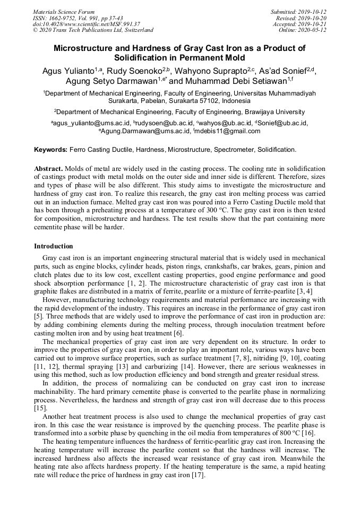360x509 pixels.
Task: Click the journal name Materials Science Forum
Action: pyautogui.click(x=64, y=11)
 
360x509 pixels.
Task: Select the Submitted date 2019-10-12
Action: pyautogui.click(x=312, y=11)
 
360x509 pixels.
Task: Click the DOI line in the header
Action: pyautogui.click(x=86, y=24)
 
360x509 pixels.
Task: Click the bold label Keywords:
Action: pyautogui.click(x=51, y=150)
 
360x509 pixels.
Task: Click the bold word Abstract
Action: pyautogui.click(x=48, y=168)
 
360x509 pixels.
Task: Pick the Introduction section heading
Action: pyautogui.click(x=54, y=246)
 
